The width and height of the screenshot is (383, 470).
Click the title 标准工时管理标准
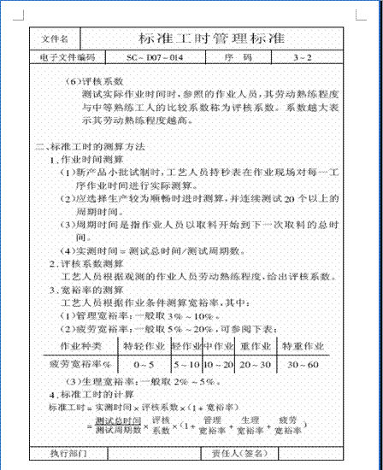pyautogui.click(x=212, y=39)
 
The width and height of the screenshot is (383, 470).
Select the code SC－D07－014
pyautogui.click(x=154, y=58)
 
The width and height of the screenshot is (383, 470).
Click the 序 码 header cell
pyautogui.click(x=239, y=58)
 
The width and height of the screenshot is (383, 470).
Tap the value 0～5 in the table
pyautogui.click(x=144, y=363)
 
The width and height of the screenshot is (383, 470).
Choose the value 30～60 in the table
pyautogui.click(x=303, y=363)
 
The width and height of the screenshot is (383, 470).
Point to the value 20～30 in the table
pyautogui.click(x=255, y=363)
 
